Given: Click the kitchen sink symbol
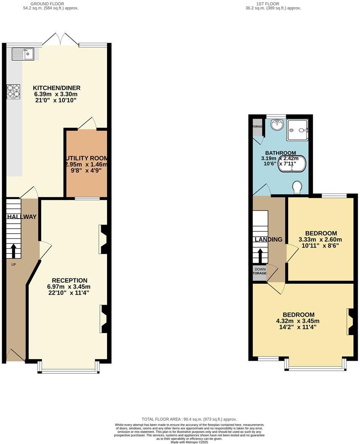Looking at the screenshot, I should [x=23, y=54].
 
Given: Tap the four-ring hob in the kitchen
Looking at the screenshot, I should [x=13, y=92].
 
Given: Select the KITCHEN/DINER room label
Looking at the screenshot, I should [x=57, y=88].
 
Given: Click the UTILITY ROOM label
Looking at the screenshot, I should [x=86, y=158].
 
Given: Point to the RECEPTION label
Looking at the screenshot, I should [x=69, y=280].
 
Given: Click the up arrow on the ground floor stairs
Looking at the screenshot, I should [x=13, y=251].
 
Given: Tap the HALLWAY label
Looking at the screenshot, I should [x=21, y=217].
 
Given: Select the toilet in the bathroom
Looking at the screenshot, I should [x=298, y=187].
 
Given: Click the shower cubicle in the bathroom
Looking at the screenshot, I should [x=297, y=130].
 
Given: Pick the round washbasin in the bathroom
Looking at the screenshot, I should [x=276, y=125].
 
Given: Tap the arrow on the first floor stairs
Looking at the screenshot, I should [x=260, y=256].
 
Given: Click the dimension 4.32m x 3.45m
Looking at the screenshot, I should [x=298, y=321].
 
